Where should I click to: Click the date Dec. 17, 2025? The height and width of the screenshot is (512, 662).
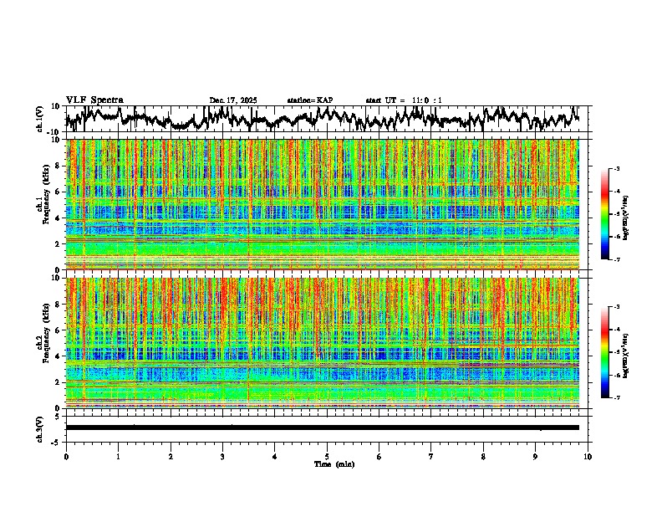click(x=233, y=100)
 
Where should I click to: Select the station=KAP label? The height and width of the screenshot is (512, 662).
click(x=310, y=100)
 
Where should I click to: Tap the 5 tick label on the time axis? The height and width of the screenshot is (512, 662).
click(x=327, y=456)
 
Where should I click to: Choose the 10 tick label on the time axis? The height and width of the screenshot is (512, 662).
click(x=588, y=456)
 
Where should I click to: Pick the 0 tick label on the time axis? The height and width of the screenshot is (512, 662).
click(x=66, y=456)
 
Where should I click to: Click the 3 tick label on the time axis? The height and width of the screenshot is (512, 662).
click(x=222, y=456)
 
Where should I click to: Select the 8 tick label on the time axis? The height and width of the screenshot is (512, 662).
click(x=483, y=456)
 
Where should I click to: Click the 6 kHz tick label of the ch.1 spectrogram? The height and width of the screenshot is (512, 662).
click(x=57, y=192)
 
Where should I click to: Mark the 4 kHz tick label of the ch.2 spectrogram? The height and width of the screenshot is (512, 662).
click(x=57, y=356)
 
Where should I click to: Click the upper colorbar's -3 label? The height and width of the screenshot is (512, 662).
click(x=618, y=169)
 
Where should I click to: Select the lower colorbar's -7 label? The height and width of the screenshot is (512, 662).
click(x=618, y=398)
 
